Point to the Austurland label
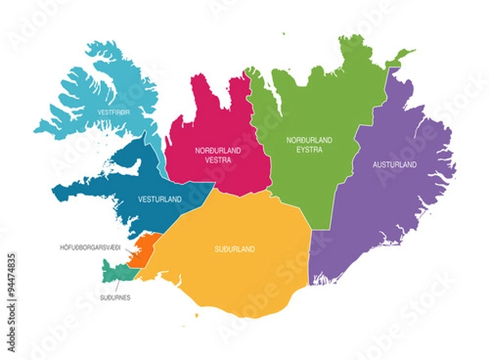[394, 165]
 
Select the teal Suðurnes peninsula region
[113, 268]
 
